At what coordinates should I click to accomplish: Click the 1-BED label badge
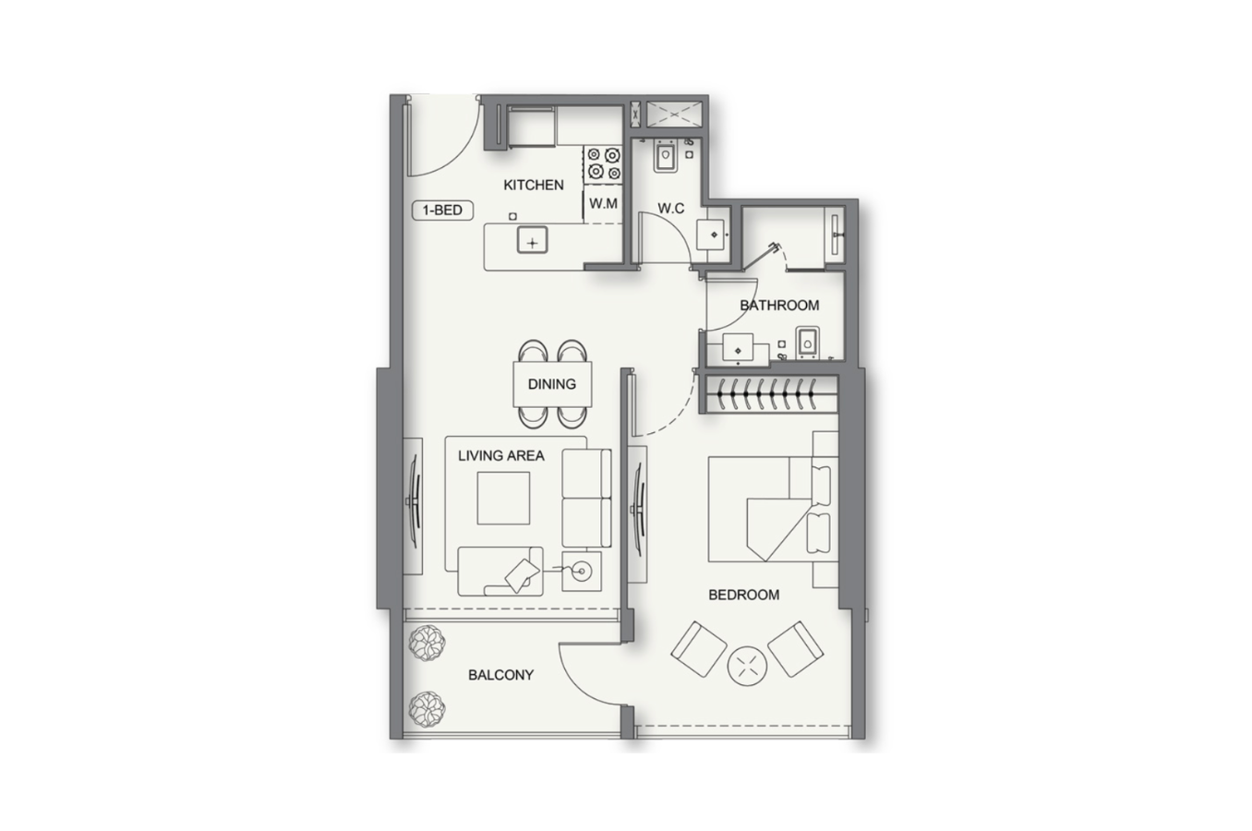pyautogui.click(x=442, y=211)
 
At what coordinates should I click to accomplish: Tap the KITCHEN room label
pyautogui.click(x=534, y=185)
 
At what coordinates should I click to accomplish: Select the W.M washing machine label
pyautogui.click(x=603, y=203)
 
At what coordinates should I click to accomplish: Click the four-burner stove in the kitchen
pyautogui.click(x=603, y=163)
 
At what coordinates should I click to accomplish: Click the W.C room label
pyautogui.click(x=670, y=209)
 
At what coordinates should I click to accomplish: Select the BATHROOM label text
pyautogui.click(x=779, y=305)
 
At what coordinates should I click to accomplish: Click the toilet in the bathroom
pyautogui.click(x=807, y=342)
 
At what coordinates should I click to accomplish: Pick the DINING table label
pyautogui.click(x=551, y=384)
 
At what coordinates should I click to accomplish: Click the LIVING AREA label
pyautogui.click(x=500, y=455)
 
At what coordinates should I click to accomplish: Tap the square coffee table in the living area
pyautogui.click(x=503, y=498)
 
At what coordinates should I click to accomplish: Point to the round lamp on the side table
pyautogui.click(x=582, y=572)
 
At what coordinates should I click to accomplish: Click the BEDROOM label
pyautogui.click(x=743, y=595)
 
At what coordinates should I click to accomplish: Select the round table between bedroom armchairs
pyautogui.click(x=747, y=666)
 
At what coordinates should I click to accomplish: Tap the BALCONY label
pyautogui.click(x=500, y=675)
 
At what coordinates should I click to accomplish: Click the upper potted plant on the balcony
pyautogui.click(x=427, y=644)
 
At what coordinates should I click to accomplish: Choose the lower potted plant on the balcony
pyautogui.click(x=427, y=709)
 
